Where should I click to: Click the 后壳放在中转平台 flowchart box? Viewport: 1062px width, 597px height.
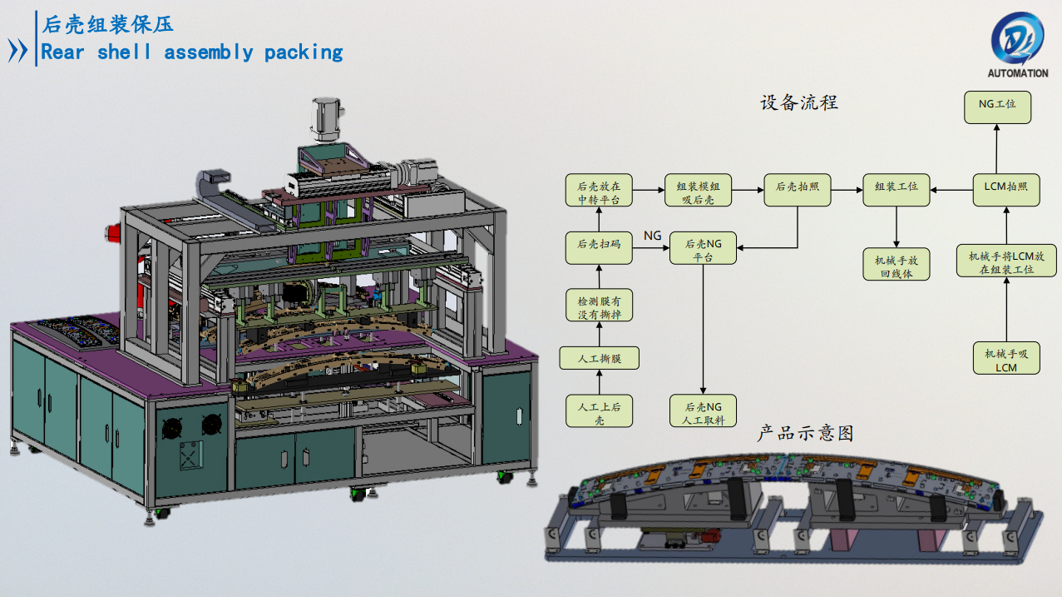click(599, 190)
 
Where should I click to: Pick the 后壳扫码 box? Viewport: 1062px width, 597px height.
click(599, 244)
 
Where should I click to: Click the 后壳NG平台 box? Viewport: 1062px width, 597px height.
click(704, 247)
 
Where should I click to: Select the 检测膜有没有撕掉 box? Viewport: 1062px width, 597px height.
click(599, 305)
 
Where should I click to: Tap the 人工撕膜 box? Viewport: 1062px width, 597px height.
click(599, 359)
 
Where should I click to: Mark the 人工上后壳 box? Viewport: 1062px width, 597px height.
click(599, 411)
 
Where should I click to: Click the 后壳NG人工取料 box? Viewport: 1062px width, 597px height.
click(704, 411)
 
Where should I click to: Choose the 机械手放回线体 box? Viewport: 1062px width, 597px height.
click(897, 264)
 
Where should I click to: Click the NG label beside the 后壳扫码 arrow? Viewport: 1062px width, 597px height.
click(653, 236)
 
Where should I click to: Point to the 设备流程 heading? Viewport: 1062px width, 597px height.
click(799, 102)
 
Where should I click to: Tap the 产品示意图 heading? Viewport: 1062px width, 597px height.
click(805, 433)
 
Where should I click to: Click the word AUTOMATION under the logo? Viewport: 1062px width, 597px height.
click(1017, 73)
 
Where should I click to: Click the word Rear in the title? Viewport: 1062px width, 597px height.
click(64, 52)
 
